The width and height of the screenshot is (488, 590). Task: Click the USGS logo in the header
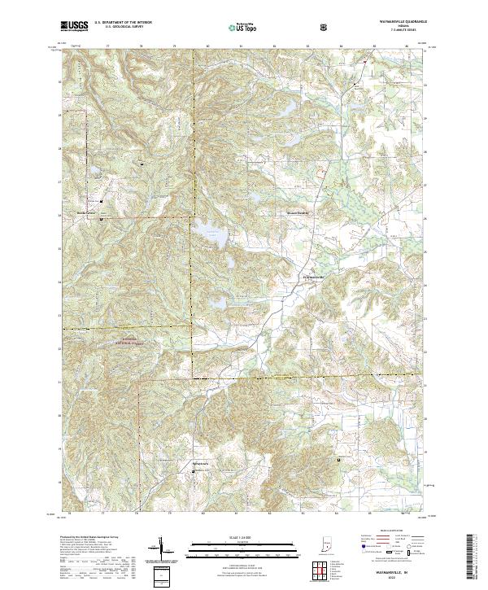coord(74,26)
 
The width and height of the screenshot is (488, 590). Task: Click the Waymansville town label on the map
coord(308,277)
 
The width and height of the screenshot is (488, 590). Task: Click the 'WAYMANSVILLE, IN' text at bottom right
coord(394,572)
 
